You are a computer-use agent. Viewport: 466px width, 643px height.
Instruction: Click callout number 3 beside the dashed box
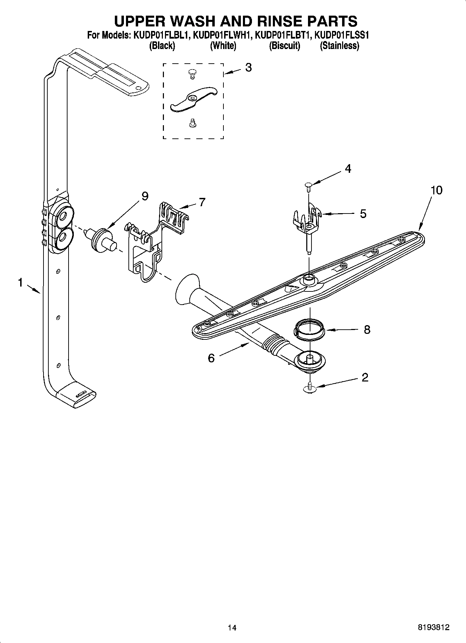click(x=248, y=67)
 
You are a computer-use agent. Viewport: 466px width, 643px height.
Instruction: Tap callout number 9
click(x=145, y=196)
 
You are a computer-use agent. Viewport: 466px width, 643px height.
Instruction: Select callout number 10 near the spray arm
click(x=436, y=190)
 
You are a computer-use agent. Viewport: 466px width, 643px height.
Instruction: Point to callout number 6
click(x=211, y=358)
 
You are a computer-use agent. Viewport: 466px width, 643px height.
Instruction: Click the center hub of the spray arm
click(x=308, y=278)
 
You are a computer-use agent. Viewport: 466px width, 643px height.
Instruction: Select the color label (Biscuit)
click(x=284, y=46)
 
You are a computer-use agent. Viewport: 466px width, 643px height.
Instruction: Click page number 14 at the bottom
click(x=232, y=627)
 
